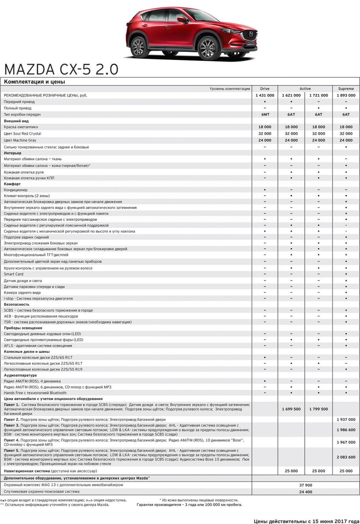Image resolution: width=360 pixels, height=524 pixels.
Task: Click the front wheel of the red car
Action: [207, 47]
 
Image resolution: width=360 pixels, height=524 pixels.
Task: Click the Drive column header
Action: [265, 89]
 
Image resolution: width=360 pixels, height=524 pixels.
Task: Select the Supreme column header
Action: [346, 89]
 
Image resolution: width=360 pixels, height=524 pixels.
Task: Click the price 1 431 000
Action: [265, 95]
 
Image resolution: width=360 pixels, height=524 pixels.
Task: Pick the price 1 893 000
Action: [346, 95]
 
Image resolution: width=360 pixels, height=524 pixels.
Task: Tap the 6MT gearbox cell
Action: [265, 114]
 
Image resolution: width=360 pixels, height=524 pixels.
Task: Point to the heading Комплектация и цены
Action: [34, 81]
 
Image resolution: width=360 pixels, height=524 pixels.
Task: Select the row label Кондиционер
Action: [16, 190]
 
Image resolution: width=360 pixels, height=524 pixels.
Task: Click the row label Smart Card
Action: [14, 274]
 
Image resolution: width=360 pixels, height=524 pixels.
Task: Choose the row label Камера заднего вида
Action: [22, 292]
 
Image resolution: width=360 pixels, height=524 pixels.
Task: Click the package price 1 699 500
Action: [291, 409]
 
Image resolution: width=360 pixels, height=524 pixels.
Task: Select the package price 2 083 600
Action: [346, 457]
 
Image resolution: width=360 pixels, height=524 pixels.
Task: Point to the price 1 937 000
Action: [346, 419]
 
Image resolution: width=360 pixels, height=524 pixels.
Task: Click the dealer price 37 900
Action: [305, 485]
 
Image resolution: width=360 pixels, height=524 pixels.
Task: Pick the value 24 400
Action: [305, 491]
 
